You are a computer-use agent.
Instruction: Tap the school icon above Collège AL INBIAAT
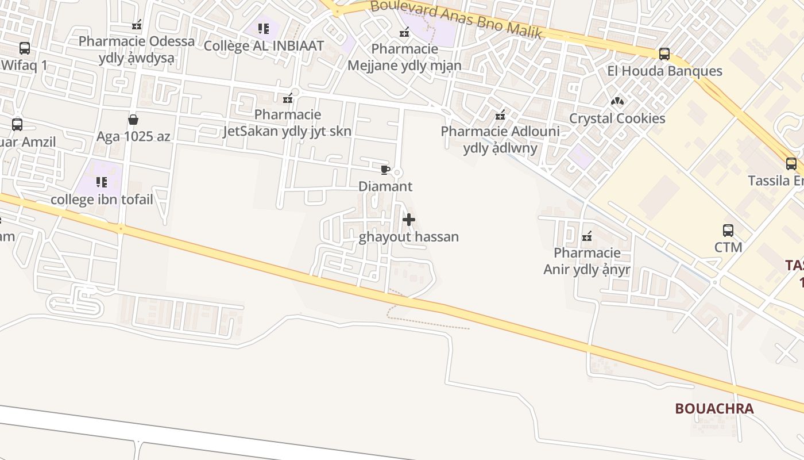(x=264, y=28)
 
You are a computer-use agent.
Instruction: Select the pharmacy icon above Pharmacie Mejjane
(x=404, y=32)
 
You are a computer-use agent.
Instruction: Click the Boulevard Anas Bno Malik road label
(x=457, y=20)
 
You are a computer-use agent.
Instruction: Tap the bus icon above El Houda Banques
(x=664, y=54)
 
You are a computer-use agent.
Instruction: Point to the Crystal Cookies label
(x=617, y=118)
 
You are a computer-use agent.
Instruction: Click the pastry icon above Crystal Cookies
(x=617, y=101)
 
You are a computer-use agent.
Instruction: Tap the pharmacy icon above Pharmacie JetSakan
(x=288, y=98)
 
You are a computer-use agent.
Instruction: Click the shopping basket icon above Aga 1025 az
(x=133, y=120)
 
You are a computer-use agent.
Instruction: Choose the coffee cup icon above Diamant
(x=385, y=170)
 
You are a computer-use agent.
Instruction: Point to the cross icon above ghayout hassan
(x=409, y=220)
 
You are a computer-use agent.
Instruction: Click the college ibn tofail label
(x=102, y=200)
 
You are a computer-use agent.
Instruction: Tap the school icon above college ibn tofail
(x=102, y=182)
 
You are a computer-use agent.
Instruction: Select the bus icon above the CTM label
(x=728, y=231)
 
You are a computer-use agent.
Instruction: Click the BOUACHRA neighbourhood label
(x=714, y=408)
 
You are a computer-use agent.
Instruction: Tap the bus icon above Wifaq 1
(x=25, y=48)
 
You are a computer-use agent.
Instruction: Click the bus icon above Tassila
(x=791, y=164)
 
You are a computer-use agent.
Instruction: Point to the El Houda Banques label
(x=664, y=71)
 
